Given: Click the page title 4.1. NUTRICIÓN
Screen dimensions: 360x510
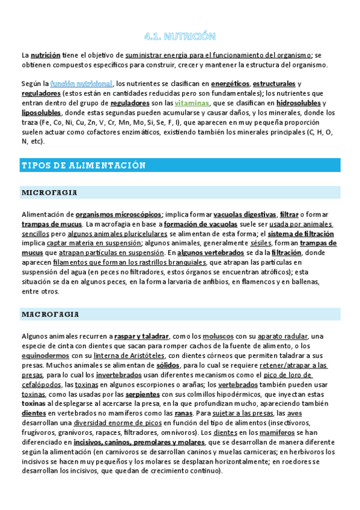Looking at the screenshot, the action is (x=180, y=36).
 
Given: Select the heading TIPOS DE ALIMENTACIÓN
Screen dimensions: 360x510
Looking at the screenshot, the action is (x=84, y=165).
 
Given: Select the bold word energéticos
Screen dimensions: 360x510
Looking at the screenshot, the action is (x=230, y=83).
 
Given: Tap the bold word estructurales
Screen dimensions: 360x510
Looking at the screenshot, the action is (x=274, y=83).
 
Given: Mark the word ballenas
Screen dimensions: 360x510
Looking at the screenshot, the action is (x=325, y=281).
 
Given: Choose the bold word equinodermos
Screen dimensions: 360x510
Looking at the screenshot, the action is (x=45, y=355).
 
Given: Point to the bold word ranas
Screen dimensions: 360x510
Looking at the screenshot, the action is (x=182, y=413).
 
